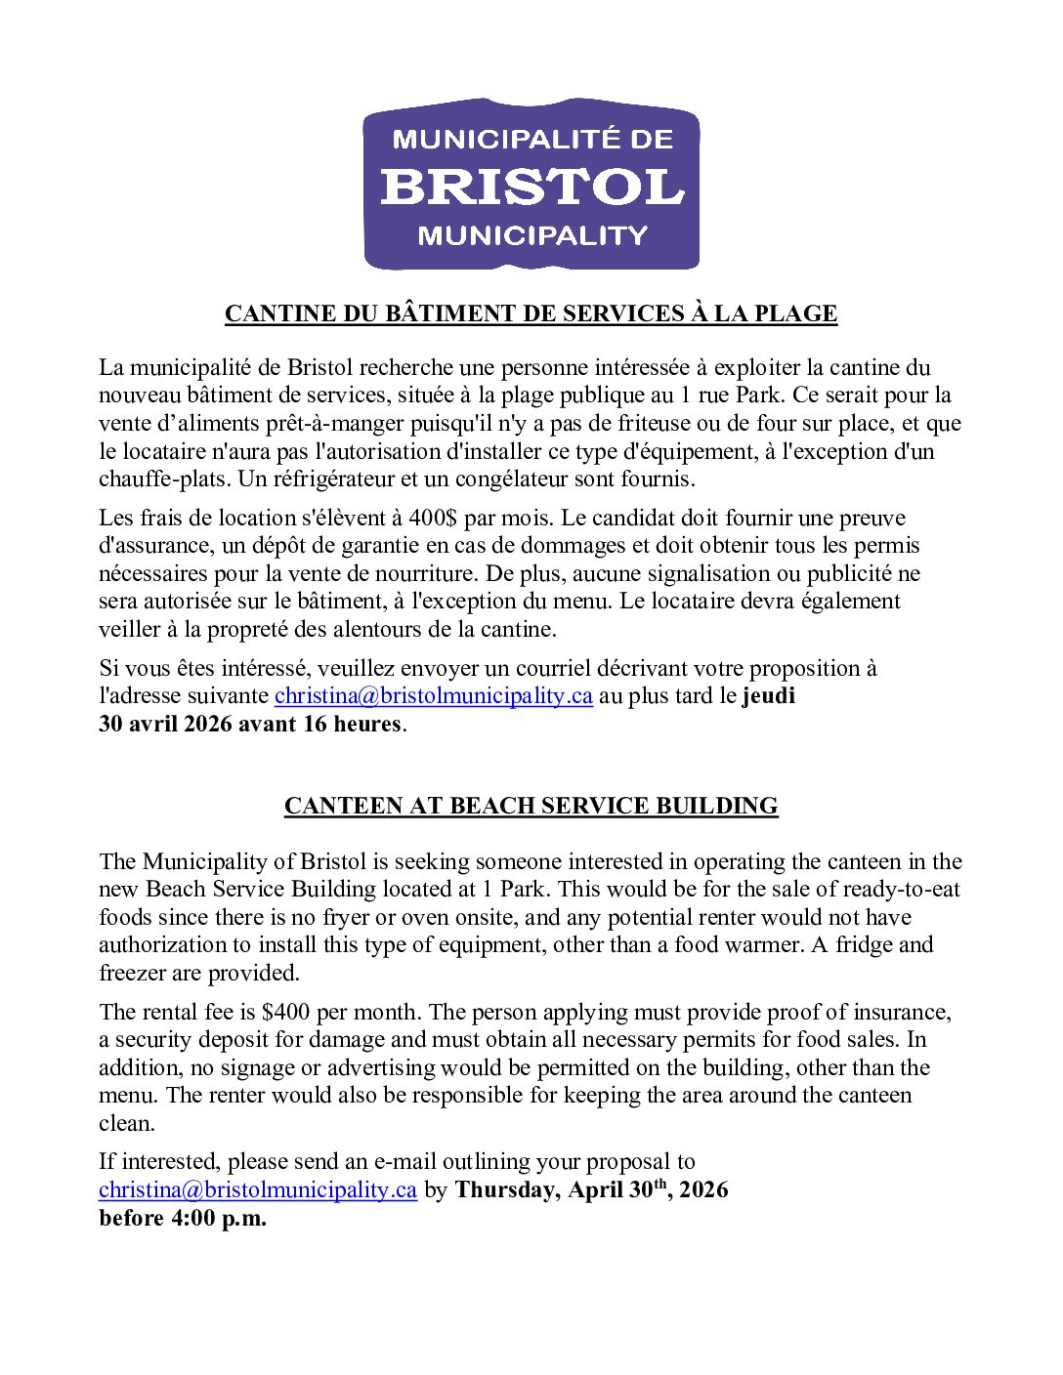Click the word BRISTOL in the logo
531,186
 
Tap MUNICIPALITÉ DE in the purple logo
531,139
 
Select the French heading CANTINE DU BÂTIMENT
531,313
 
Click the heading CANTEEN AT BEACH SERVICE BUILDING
531,806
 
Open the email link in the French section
434,695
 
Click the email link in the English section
258,1189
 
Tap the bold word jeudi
769,695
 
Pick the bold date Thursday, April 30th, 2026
591,1189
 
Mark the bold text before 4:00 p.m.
183,1218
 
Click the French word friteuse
691,423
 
